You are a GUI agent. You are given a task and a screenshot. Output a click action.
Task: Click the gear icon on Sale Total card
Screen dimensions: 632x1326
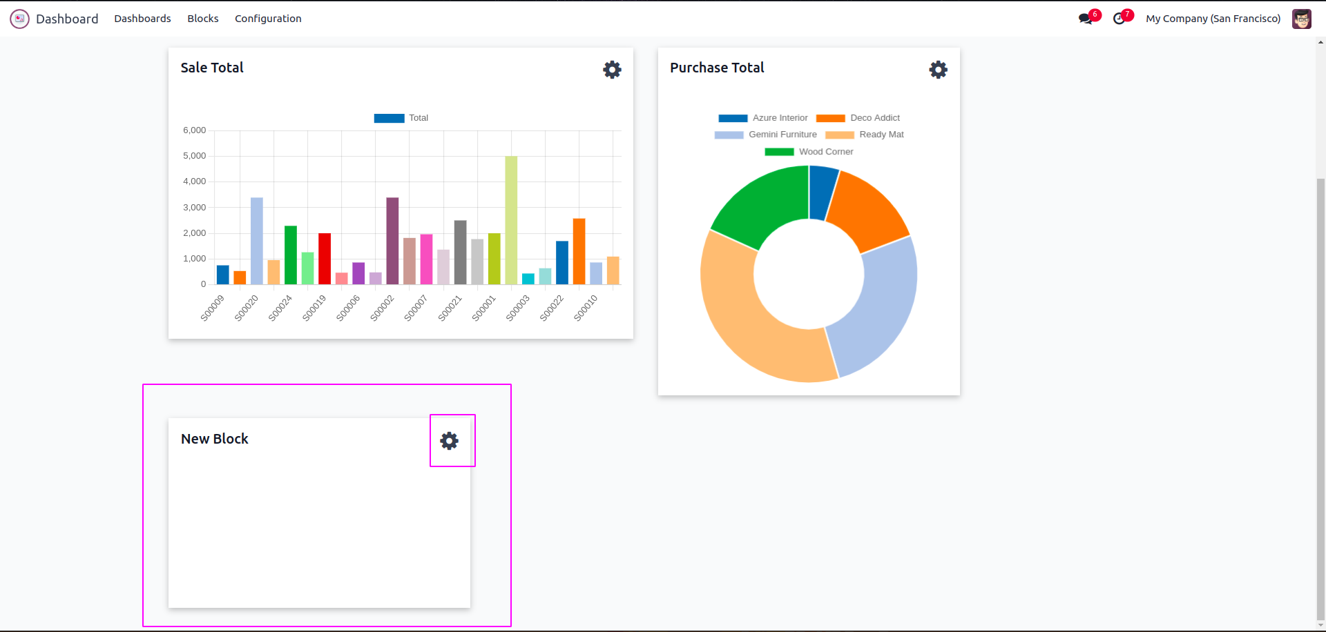tap(612, 70)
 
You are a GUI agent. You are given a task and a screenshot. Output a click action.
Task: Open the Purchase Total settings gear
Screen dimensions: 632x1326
tap(938, 70)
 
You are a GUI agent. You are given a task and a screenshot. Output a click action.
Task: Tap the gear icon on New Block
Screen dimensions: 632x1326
tap(450, 441)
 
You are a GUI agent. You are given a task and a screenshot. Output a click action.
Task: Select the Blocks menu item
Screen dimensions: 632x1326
tap(203, 19)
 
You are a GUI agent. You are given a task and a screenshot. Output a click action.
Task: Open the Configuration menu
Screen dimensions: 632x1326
tap(268, 19)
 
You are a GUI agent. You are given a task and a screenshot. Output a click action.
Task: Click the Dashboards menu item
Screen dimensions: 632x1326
tap(142, 19)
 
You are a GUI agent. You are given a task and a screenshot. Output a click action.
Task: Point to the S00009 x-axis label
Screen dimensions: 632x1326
tap(213, 308)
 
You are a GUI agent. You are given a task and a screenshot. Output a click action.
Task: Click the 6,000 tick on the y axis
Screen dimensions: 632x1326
tap(195, 130)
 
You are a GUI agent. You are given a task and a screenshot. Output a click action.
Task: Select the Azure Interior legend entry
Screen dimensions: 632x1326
tap(779, 118)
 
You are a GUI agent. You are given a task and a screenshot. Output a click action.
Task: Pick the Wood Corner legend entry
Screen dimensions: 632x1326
tap(825, 152)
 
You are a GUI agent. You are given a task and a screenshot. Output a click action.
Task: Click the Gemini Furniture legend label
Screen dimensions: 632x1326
tap(782, 135)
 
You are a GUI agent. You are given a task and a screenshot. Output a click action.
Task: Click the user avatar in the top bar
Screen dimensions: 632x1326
tap(1302, 19)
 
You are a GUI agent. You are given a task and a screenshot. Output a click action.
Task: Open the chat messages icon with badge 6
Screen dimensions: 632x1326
tap(1086, 19)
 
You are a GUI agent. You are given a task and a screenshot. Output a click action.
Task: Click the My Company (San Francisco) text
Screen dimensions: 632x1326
tap(1213, 19)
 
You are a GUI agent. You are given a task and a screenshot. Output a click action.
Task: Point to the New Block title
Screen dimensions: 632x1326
tap(215, 439)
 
